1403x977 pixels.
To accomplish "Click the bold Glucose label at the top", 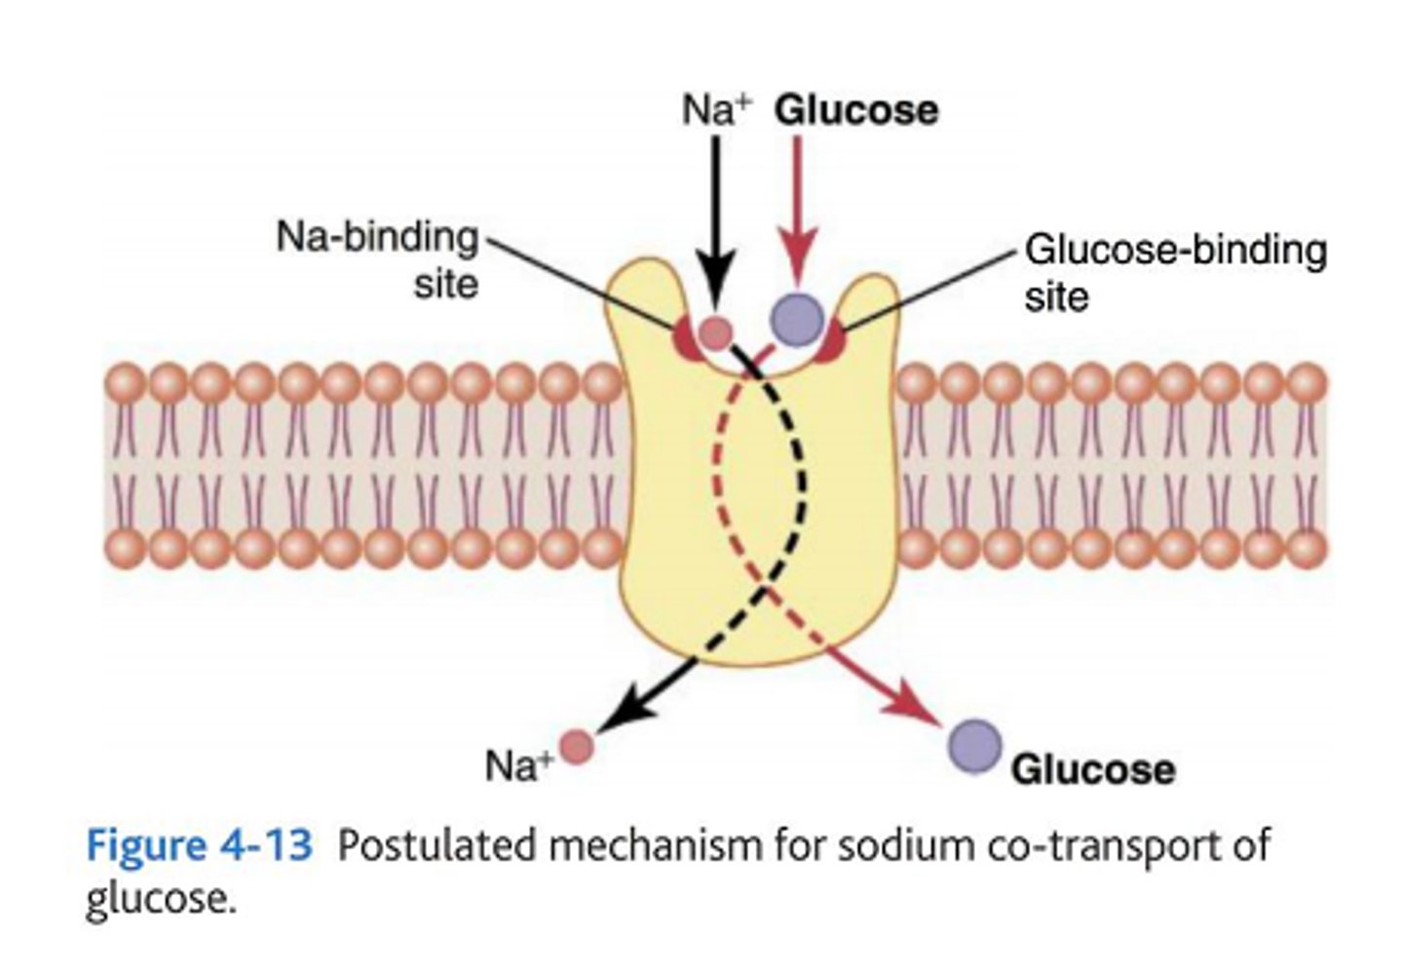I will pyautogui.click(x=855, y=110).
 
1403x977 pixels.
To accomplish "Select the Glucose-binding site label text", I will pyautogui.click(x=1174, y=272).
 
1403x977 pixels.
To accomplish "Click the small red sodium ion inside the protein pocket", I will pyautogui.click(x=716, y=333).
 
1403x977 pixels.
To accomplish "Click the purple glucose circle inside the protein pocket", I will pyautogui.click(x=797, y=318).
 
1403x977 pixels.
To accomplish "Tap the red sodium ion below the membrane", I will pyautogui.click(x=576, y=747).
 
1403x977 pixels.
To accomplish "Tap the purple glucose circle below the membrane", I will pyautogui.click(x=974, y=746).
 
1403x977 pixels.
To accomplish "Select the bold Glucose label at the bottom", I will pyautogui.click(x=1092, y=769).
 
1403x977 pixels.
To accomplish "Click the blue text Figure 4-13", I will pyautogui.click(x=200, y=844).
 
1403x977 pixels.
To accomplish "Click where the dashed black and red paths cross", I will pyautogui.click(x=767, y=588).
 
